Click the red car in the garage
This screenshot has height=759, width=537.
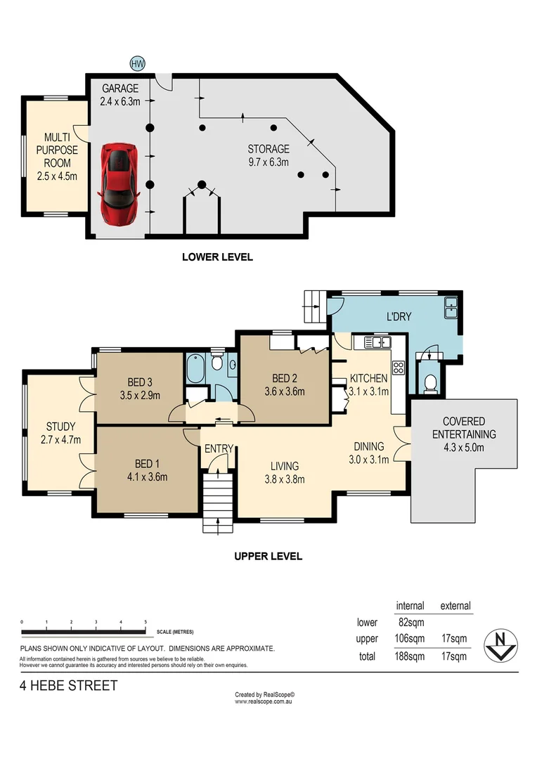click(119, 184)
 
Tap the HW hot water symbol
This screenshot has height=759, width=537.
click(138, 63)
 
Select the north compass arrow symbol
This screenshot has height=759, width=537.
click(500, 646)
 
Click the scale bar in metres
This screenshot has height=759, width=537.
click(83, 631)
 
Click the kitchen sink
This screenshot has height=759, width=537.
click(377, 342)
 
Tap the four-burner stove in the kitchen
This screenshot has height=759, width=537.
click(398, 368)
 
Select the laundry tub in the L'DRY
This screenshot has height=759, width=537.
click(451, 307)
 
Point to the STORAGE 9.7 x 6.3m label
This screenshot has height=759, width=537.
click(268, 155)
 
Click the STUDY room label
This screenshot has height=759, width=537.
click(60, 427)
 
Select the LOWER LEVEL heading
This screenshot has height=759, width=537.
click(217, 257)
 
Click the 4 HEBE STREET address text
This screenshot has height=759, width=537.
click(69, 685)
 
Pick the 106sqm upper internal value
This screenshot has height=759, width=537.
click(409, 638)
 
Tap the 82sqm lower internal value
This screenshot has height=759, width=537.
click(411, 623)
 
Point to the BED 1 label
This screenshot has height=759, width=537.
click(147, 464)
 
